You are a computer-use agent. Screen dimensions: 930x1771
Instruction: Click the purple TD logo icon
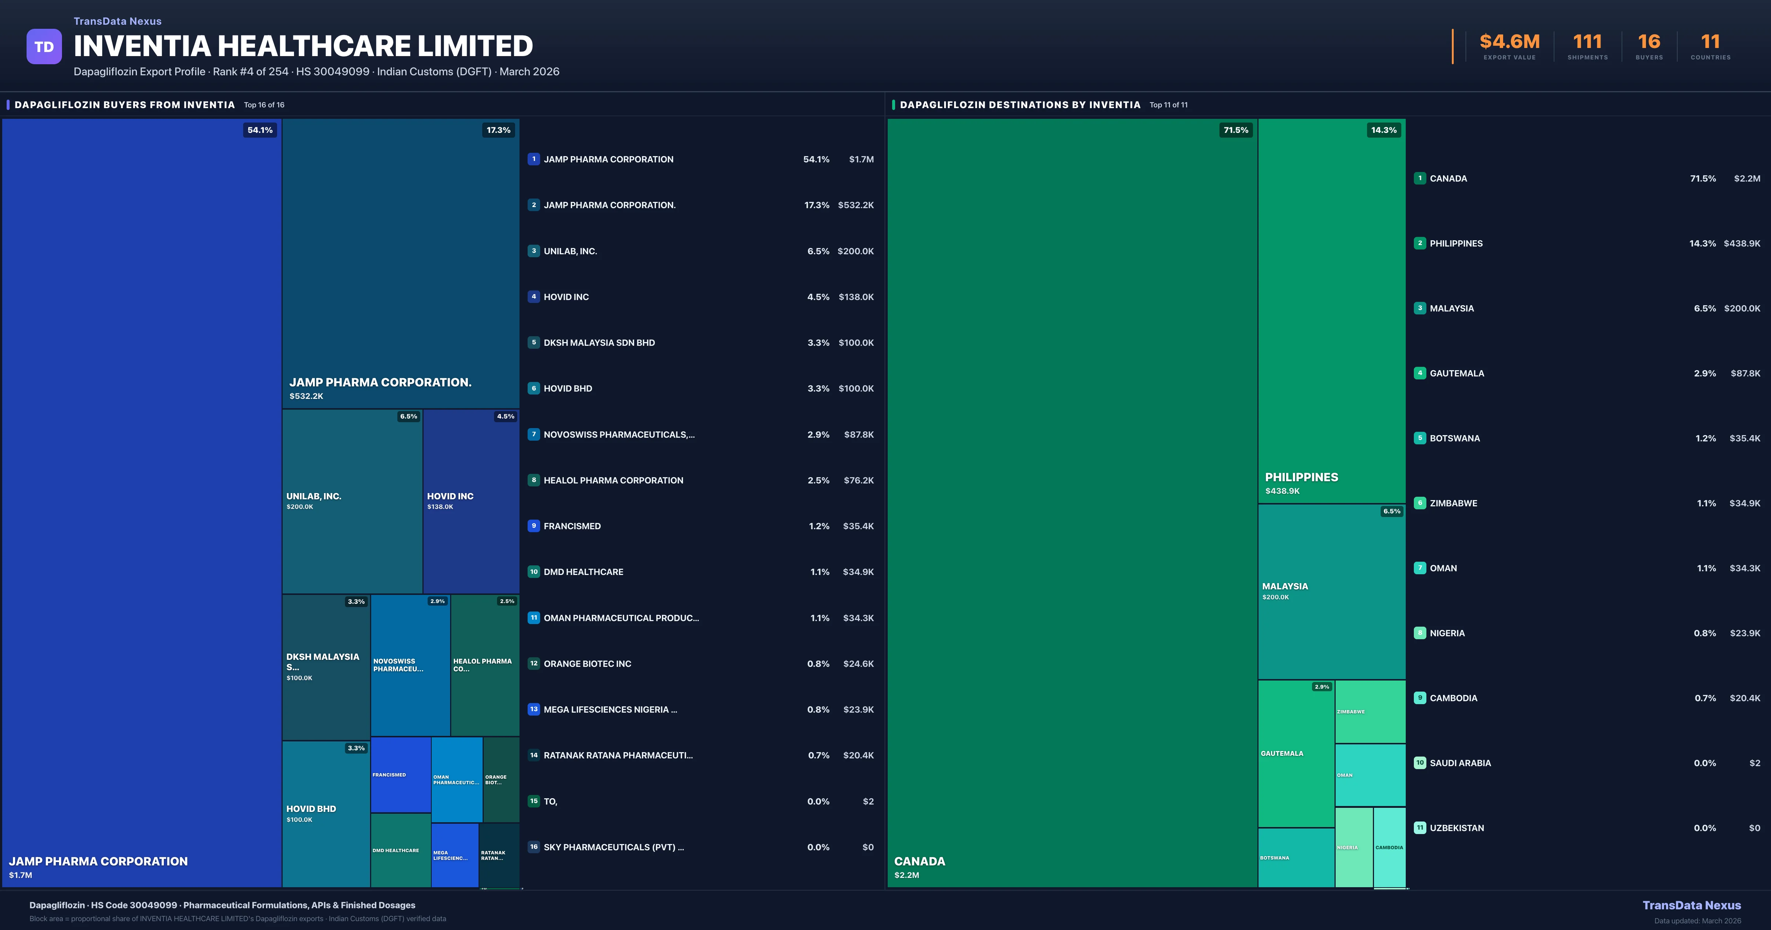[44, 47]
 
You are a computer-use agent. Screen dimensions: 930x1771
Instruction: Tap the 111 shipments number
[1587, 42]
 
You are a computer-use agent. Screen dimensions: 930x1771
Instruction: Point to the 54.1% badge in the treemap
[260, 130]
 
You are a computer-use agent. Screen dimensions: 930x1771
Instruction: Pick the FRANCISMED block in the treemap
[400, 775]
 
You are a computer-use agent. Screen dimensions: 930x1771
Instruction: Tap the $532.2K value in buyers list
[855, 205]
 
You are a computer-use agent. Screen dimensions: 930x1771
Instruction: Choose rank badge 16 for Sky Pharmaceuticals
[534, 847]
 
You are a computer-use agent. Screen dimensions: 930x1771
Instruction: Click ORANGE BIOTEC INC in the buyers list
[587, 664]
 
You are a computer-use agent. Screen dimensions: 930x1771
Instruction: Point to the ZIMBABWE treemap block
[1370, 711]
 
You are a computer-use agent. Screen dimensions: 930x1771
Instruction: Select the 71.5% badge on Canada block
[1235, 130]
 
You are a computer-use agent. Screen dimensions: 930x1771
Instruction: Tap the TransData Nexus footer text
[1691, 905]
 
